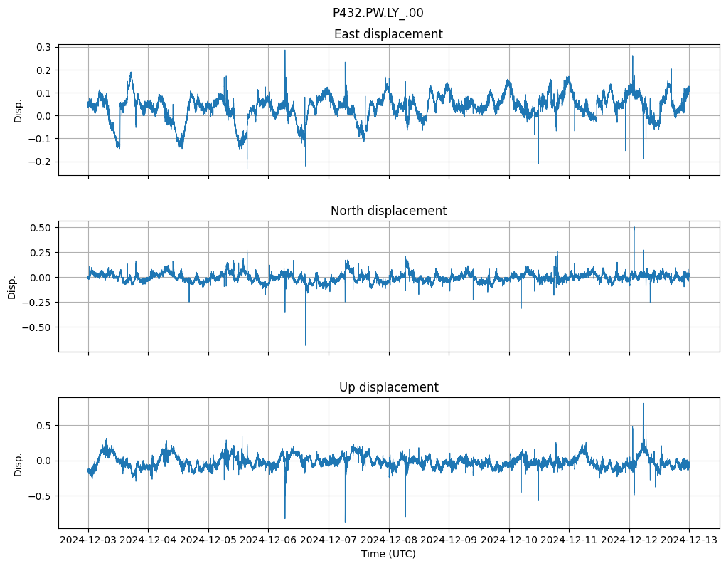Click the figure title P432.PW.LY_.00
click(x=378, y=13)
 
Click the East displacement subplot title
click(x=388, y=34)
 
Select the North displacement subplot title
click(x=388, y=211)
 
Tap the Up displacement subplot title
click(x=388, y=387)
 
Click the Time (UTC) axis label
click(x=388, y=554)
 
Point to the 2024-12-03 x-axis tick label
click(x=88, y=540)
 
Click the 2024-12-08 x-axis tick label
click(x=389, y=540)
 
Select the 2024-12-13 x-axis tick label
click(x=689, y=540)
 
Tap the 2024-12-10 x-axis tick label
click(x=509, y=540)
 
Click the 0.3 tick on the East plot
click(x=43, y=47)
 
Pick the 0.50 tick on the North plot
click(x=41, y=227)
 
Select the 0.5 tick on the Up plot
click(x=43, y=426)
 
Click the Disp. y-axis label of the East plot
click(x=18, y=110)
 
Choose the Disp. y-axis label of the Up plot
click(x=18, y=463)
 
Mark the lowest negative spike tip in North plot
click(x=306, y=345)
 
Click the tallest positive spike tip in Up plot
click(x=643, y=404)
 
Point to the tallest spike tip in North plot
click(x=634, y=227)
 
